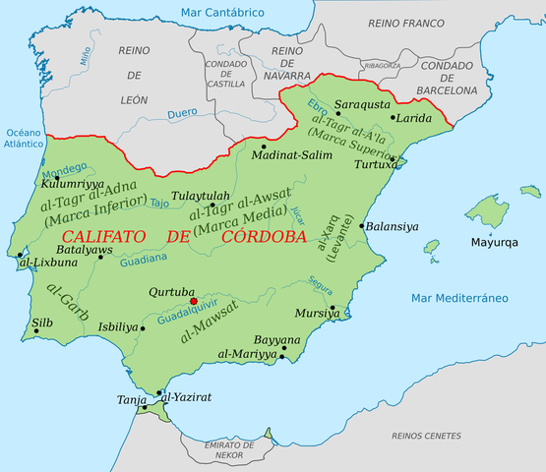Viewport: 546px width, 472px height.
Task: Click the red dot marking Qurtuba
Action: click(194, 302)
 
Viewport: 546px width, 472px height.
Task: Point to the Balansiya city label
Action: click(393, 226)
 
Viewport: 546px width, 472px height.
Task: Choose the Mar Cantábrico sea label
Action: click(222, 13)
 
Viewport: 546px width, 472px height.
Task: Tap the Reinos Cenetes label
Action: click(426, 434)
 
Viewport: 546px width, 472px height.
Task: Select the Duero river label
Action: click(182, 114)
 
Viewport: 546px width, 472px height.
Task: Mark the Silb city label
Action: click(42, 322)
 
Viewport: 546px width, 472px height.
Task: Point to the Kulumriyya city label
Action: click(72, 183)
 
